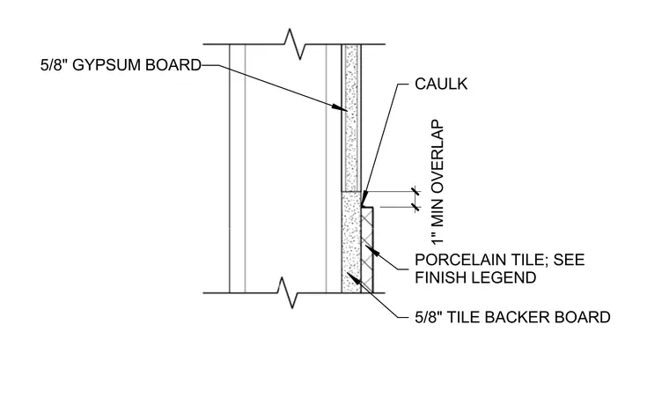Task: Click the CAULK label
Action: point(441,84)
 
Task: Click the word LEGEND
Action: point(506,278)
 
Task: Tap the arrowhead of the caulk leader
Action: point(364,197)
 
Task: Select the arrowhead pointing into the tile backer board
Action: point(353,279)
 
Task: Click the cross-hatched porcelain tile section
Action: point(367,250)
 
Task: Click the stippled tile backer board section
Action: point(351,242)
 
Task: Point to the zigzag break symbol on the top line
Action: point(295,44)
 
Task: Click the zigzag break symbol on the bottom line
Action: point(287,293)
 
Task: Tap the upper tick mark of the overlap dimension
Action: point(415,192)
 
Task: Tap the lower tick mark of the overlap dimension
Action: point(415,208)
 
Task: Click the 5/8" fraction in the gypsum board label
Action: point(55,65)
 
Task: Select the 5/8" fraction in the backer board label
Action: point(429,317)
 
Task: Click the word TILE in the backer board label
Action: point(464,317)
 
